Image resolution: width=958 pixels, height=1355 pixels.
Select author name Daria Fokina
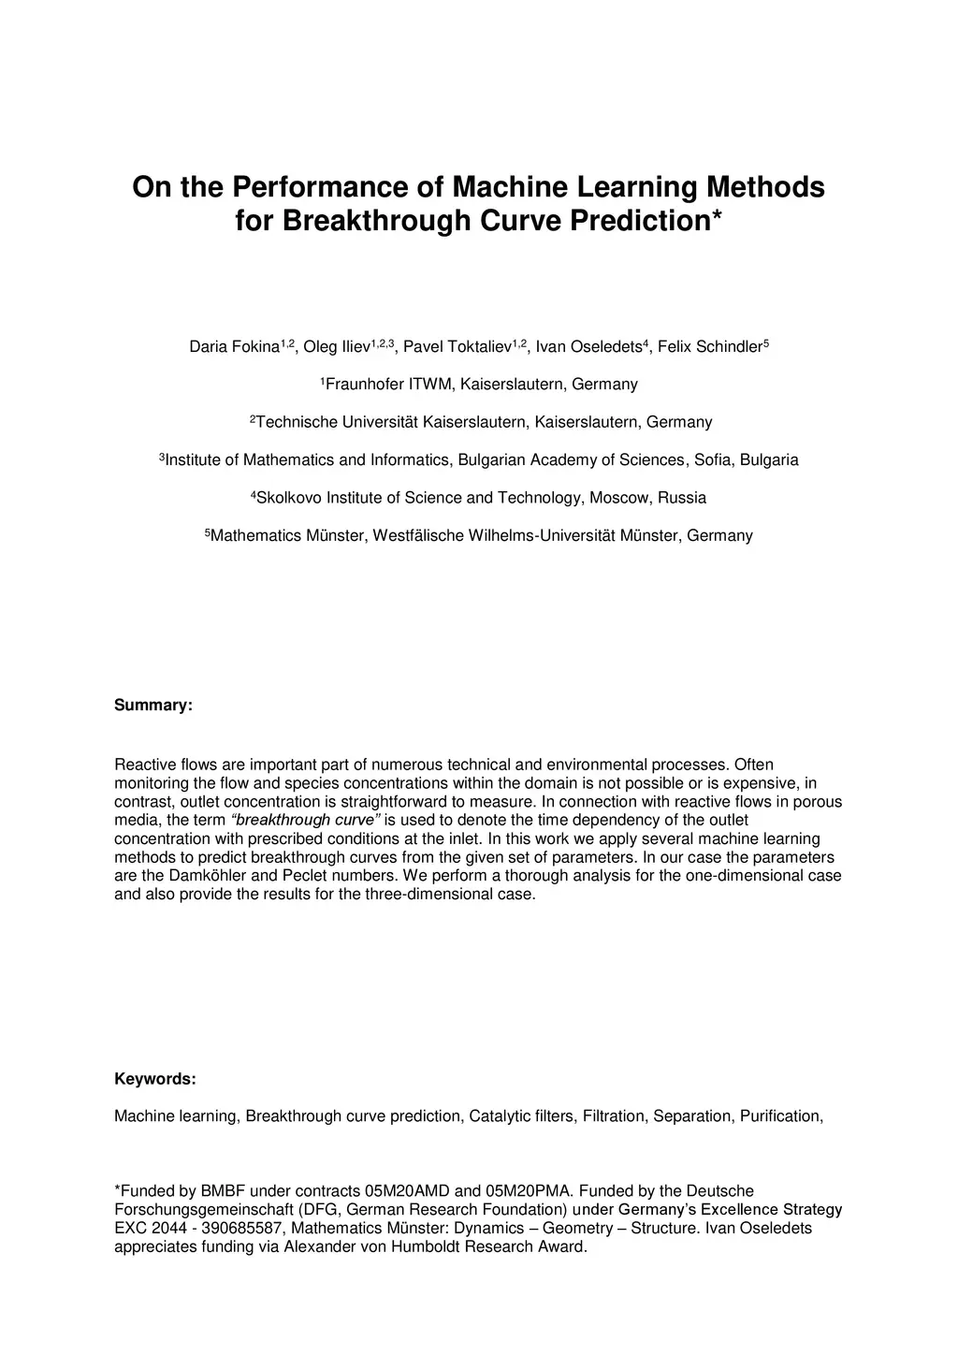coord(234,347)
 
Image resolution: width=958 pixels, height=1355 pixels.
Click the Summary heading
coord(153,706)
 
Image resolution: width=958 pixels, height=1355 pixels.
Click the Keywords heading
coord(155,1080)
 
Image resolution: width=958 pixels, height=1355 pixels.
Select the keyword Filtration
coord(614,1116)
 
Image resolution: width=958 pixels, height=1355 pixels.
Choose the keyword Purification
coord(780,1116)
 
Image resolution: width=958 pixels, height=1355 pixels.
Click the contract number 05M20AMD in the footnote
coord(407,1191)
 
